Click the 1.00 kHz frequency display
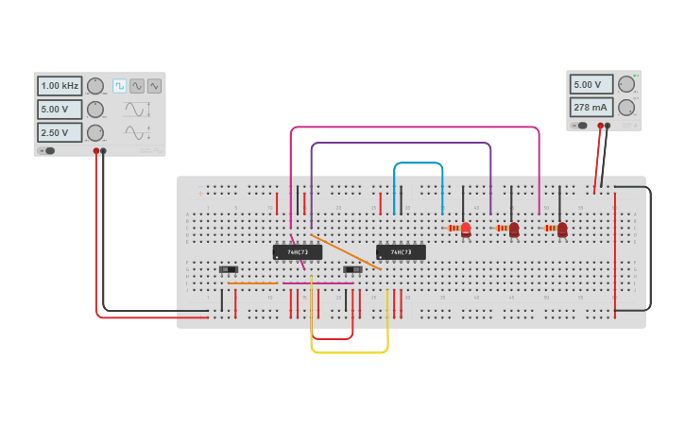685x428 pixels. click(x=60, y=86)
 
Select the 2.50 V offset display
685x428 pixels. click(x=60, y=132)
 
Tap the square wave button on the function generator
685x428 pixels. click(x=120, y=86)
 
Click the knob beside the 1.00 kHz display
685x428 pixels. click(x=95, y=86)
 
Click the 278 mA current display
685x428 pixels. click(x=591, y=107)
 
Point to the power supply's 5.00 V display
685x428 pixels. click(x=591, y=84)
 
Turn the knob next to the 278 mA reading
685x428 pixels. click(x=626, y=107)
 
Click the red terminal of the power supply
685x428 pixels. click(x=600, y=126)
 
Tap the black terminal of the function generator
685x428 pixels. click(x=104, y=151)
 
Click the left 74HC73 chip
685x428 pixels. click(x=298, y=252)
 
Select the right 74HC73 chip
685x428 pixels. click(x=401, y=252)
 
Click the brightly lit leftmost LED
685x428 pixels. click(x=466, y=228)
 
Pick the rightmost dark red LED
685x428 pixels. click(x=562, y=229)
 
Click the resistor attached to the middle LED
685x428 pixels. click(x=501, y=228)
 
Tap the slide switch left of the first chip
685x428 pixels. click(x=229, y=270)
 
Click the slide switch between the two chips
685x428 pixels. click(x=351, y=270)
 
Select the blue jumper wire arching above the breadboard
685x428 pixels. click(x=419, y=163)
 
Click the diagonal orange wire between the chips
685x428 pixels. click(x=346, y=252)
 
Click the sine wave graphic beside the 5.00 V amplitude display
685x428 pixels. click(x=135, y=109)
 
